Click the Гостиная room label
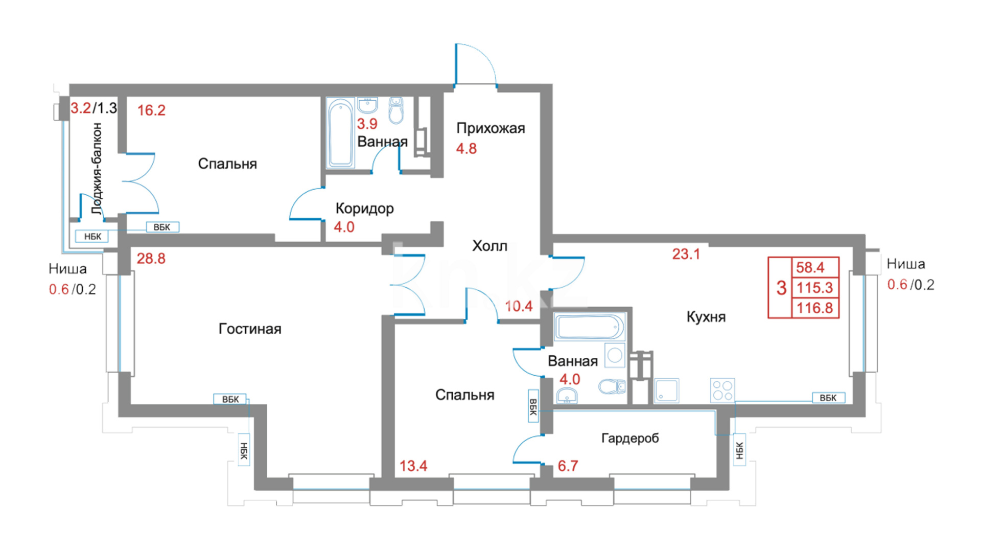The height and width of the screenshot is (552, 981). [x=250, y=329]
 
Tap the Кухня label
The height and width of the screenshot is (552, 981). [x=706, y=317]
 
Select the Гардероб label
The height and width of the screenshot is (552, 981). [x=630, y=439]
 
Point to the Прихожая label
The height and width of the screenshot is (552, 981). [x=491, y=128]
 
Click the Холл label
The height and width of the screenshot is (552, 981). [x=489, y=246]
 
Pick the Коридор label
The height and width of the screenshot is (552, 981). [x=365, y=209]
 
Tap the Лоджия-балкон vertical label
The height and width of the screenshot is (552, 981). [x=97, y=169]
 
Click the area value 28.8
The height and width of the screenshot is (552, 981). [x=151, y=259]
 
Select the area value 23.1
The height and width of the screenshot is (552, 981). [x=686, y=254]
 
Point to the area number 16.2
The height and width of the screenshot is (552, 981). [x=151, y=110]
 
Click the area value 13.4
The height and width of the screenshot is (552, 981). [x=413, y=466]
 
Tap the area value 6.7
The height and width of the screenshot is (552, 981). [x=568, y=466]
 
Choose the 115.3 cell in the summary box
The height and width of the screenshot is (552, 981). [x=815, y=288]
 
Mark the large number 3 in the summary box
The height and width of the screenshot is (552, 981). [x=781, y=288]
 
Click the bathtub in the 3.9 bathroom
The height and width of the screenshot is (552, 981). [x=340, y=133]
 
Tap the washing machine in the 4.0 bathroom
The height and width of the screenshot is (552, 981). [x=615, y=355]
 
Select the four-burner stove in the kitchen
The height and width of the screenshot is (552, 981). [x=722, y=390]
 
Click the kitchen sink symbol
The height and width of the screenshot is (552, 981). [x=667, y=390]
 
